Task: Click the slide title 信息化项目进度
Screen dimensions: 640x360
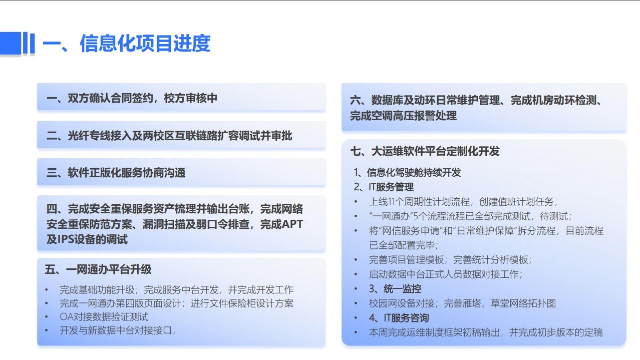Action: pos(145,44)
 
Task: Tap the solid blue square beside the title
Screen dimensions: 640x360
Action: pos(11,43)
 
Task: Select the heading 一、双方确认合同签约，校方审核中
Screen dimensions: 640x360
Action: pos(132,98)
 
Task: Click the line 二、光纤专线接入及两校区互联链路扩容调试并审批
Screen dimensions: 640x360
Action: pos(169,136)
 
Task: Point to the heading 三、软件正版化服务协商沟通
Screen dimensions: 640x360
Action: pos(116,173)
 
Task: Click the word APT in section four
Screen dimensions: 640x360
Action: pos(292,224)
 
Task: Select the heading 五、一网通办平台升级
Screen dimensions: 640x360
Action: pos(98,269)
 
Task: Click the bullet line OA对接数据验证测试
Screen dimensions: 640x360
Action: pos(104,317)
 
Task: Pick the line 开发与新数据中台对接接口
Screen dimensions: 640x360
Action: pos(117,330)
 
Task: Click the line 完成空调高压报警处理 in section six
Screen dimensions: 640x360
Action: pos(403,116)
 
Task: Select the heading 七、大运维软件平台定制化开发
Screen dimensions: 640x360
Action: pos(425,151)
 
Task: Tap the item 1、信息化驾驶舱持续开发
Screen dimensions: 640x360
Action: pos(407,172)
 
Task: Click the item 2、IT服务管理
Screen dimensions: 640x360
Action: pos(384,187)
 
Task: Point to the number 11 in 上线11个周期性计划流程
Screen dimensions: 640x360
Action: pos(394,202)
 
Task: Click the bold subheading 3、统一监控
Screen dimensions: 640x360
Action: pos(395,289)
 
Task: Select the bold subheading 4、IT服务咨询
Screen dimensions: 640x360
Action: pos(399,318)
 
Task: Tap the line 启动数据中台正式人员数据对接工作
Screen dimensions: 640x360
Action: pos(445,274)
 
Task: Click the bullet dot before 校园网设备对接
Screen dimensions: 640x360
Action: pos(356,303)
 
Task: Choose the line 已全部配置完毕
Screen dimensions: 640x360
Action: pos(404,245)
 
